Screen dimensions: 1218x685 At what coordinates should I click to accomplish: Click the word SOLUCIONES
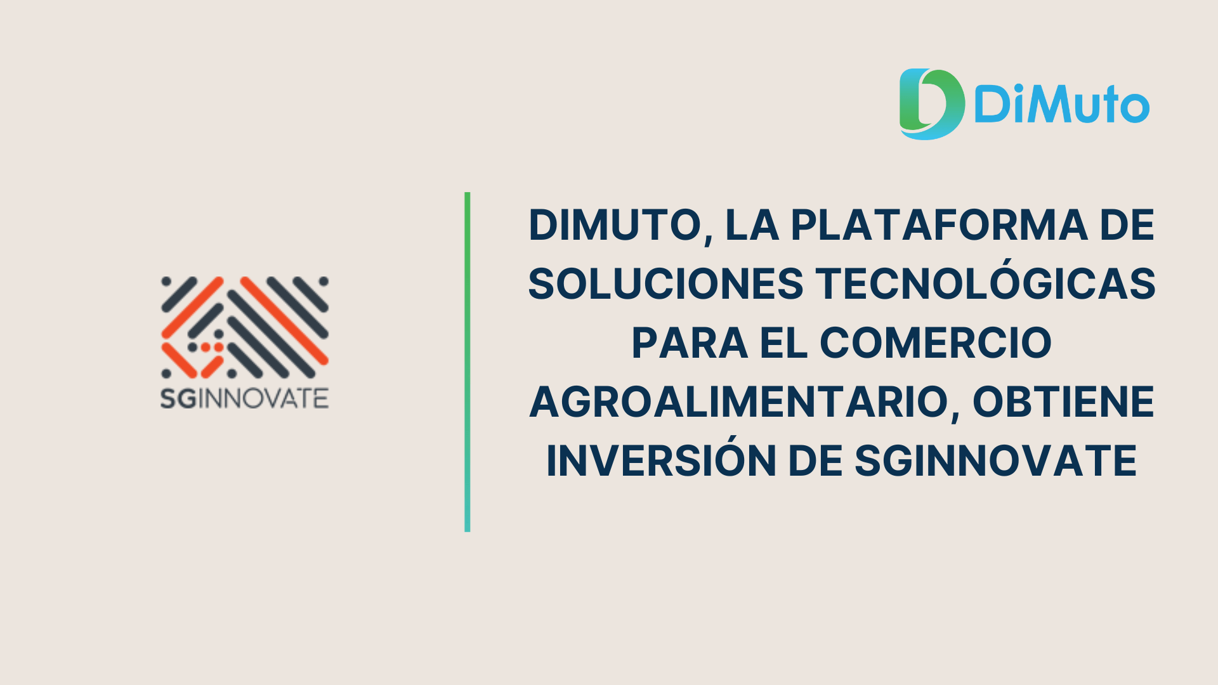coord(665,284)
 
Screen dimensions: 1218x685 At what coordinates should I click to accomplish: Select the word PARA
coord(690,342)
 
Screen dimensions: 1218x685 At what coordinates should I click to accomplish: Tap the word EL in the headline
coord(783,342)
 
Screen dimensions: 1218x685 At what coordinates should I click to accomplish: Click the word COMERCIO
coord(936,342)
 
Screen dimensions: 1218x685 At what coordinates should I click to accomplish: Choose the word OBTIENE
coord(1063,401)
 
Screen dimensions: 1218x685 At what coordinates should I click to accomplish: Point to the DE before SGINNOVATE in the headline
coord(815,460)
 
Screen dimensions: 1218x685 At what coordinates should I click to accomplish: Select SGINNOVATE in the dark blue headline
coord(995,460)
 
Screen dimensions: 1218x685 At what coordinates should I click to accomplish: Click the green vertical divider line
coord(468,362)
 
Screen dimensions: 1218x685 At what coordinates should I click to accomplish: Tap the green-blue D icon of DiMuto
coord(931,104)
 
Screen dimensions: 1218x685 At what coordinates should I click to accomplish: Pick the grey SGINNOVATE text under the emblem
coord(244,398)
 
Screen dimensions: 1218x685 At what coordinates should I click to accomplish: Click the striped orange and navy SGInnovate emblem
coord(244,327)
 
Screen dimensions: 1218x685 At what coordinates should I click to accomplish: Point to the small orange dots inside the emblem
coord(212,347)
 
